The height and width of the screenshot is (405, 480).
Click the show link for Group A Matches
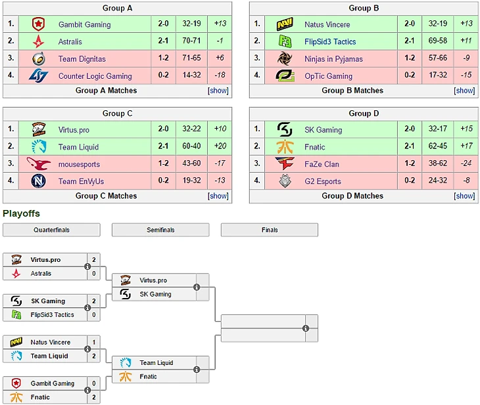(218, 91)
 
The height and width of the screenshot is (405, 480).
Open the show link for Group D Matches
(464, 196)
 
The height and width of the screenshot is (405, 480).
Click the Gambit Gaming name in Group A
(84, 24)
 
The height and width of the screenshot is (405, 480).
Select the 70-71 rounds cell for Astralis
(191, 41)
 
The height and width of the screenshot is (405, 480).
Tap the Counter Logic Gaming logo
(37, 75)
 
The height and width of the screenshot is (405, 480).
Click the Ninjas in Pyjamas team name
(333, 58)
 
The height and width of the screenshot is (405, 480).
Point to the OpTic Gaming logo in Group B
(284, 75)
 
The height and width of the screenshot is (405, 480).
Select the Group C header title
(117, 114)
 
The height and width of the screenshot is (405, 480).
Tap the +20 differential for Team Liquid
(220, 147)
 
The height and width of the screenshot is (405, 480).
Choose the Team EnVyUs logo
(37, 181)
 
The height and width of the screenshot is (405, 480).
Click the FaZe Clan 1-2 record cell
(410, 163)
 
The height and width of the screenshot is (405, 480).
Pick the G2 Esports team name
(324, 181)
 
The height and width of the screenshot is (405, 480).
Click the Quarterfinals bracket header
(51, 230)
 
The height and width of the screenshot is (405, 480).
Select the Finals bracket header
(269, 230)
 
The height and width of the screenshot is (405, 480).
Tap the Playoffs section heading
(21, 214)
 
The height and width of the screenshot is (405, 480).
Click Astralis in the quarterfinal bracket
(41, 273)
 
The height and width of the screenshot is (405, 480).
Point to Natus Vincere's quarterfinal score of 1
(94, 342)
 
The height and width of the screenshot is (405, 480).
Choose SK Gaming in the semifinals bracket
(155, 294)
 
